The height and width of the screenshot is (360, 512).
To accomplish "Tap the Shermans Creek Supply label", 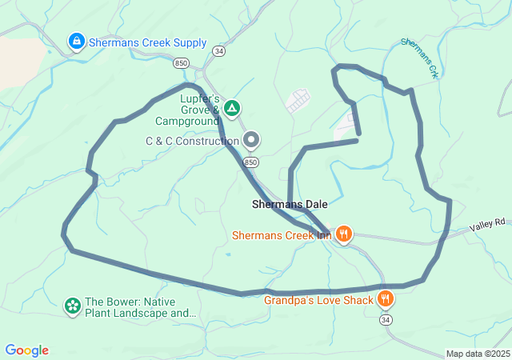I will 148,42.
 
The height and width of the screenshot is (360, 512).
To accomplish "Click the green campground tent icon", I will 232,107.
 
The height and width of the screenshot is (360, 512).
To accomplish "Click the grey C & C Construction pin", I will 251,141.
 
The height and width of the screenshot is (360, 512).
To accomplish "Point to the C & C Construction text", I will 192,141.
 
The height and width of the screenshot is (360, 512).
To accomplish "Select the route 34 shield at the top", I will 218,51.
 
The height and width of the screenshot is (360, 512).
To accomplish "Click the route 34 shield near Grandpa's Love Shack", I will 386,320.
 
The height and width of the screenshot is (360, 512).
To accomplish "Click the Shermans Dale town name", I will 290,205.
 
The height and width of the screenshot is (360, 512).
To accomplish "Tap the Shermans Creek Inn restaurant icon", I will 344,234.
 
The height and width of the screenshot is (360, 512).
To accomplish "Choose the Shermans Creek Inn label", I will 282,235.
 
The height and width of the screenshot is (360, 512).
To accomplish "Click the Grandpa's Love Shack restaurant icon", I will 386,299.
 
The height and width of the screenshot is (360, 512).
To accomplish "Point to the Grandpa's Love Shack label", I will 319,301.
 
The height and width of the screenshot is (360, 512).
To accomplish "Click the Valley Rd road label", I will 488,225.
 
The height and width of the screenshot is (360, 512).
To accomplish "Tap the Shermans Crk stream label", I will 419,58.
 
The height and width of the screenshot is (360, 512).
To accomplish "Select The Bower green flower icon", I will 73,306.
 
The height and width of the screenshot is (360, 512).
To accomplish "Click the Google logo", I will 26,350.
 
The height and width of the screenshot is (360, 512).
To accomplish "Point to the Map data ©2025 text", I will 478,354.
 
